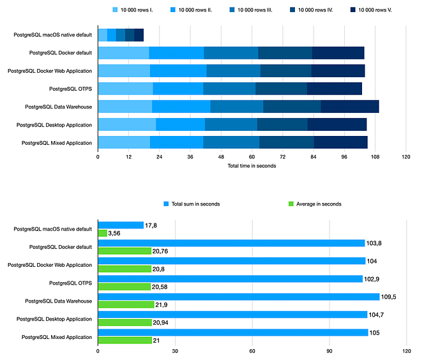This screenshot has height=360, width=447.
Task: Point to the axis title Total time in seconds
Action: [x=252, y=166]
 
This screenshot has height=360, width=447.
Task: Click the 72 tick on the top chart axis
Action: [x=282, y=156]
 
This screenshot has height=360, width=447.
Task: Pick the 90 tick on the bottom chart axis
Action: [x=330, y=351]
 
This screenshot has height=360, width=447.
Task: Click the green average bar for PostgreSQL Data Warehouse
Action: [x=126, y=304]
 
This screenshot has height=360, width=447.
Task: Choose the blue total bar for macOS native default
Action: [x=121, y=225]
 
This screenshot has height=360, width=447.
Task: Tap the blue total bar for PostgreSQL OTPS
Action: [x=230, y=279]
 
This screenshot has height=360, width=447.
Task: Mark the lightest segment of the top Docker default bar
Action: [x=123, y=53]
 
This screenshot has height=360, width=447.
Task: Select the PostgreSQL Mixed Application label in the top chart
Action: [x=57, y=142]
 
